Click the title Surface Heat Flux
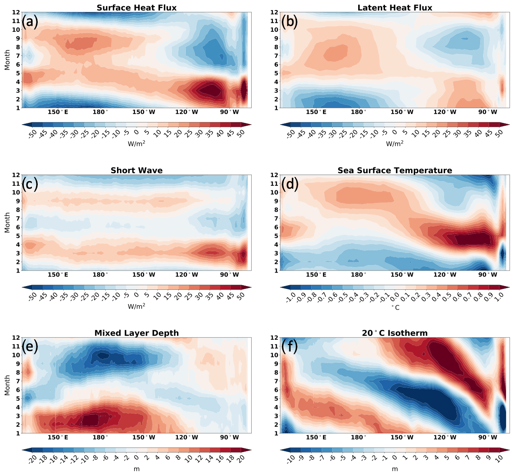pyautogui.click(x=136, y=8)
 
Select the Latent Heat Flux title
pyautogui.click(x=395, y=8)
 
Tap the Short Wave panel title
pyautogui.click(x=136, y=170)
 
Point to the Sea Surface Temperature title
pyautogui.click(x=395, y=170)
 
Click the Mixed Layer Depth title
pyautogui.click(x=136, y=333)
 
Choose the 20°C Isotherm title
pyautogui.click(x=395, y=333)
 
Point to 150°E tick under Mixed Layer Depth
pyautogui.click(x=58, y=437)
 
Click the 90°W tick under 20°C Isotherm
pyautogui.click(x=488, y=437)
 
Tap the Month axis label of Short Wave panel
pyautogui.click(x=7, y=222)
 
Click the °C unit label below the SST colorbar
pyautogui.click(x=395, y=307)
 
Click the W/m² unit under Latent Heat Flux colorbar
pyautogui.click(x=395, y=144)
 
